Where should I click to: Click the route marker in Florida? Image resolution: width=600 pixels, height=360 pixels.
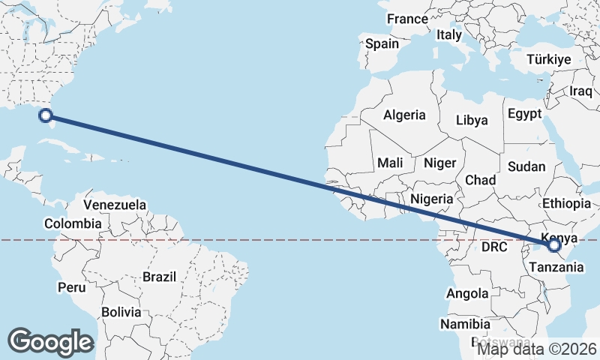pos(46,115)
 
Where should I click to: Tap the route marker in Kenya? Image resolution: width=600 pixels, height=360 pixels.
pos(554,244)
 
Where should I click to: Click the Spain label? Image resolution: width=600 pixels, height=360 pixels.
pos(382,43)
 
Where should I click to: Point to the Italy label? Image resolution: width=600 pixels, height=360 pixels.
pos(449,34)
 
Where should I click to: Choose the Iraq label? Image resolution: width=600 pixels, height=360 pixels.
pos(581,91)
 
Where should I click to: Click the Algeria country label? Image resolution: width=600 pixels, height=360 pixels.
pos(404,115)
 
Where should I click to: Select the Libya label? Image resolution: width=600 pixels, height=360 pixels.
pos(472,120)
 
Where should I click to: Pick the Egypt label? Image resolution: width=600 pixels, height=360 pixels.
pos(524,114)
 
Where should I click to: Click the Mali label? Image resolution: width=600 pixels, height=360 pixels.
pos(390,163)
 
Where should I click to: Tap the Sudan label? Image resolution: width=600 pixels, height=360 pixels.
pos(526,166)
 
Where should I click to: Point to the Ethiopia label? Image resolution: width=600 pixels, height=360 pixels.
pos(566,203)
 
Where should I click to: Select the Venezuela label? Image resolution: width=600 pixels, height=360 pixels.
pos(115,205)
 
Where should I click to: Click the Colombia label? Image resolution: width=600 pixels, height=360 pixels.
pos(73,223)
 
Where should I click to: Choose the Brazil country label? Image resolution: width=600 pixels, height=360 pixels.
pos(159,277)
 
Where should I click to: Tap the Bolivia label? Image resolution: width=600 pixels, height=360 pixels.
pos(121,312)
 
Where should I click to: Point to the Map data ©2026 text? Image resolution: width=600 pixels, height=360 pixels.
pos(537,348)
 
